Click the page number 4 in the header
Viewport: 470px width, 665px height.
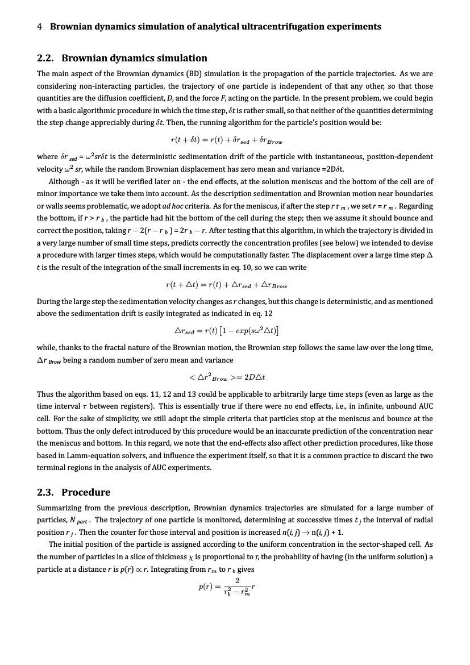[x=39, y=27]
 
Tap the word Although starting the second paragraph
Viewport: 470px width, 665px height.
[x=64, y=181]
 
